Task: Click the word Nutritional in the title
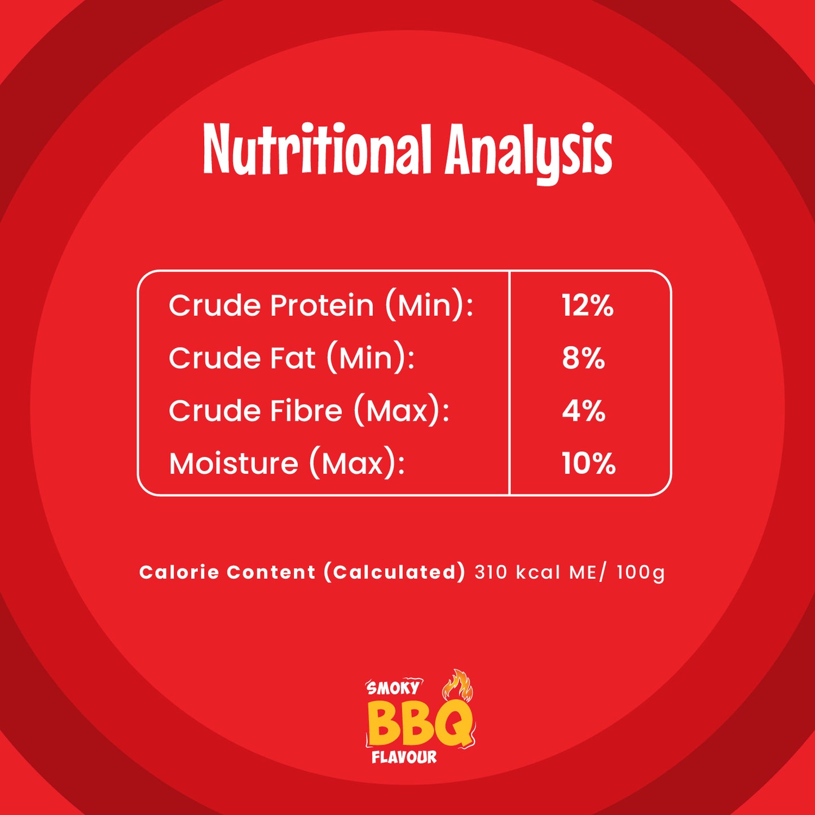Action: click(x=317, y=149)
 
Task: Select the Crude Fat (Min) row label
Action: click(x=292, y=359)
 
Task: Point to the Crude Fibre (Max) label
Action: click(x=309, y=411)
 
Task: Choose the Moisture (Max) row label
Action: click(x=287, y=464)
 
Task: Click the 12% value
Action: click(x=588, y=305)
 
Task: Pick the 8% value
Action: click(x=584, y=358)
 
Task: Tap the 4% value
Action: click(x=584, y=411)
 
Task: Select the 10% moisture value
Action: click(x=589, y=463)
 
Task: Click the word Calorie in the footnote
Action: click(x=179, y=572)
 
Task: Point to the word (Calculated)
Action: click(x=394, y=572)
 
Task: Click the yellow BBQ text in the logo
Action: click(x=419, y=724)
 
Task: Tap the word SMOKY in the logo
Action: click(x=393, y=688)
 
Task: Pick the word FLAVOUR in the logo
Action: click(x=404, y=757)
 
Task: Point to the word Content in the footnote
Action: click(x=271, y=572)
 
